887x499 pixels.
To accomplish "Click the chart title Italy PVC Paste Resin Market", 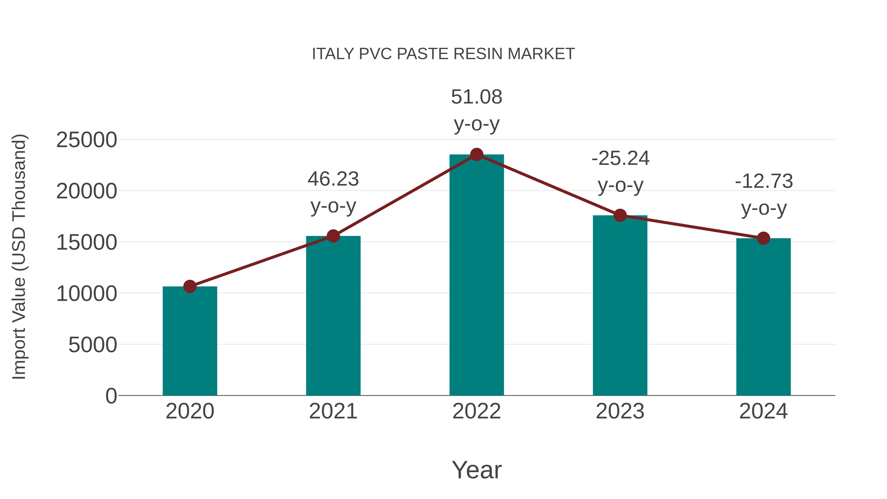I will tap(443, 54).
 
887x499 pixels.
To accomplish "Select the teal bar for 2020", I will tap(190, 341).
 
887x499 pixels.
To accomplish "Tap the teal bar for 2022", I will tap(477, 275).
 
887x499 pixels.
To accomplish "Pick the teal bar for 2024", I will tap(763, 317).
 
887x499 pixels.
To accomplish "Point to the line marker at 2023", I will tap(620, 216).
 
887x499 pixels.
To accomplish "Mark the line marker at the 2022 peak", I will tap(477, 155).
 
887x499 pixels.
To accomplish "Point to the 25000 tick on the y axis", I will tap(86, 140).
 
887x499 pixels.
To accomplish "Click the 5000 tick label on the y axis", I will tap(93, 345).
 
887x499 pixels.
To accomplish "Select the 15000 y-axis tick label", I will tap(86, 242).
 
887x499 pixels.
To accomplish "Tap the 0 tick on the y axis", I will tap(111, 396).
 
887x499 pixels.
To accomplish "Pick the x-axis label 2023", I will tap(620, 411).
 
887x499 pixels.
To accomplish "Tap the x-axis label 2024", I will tap(763, 411).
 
